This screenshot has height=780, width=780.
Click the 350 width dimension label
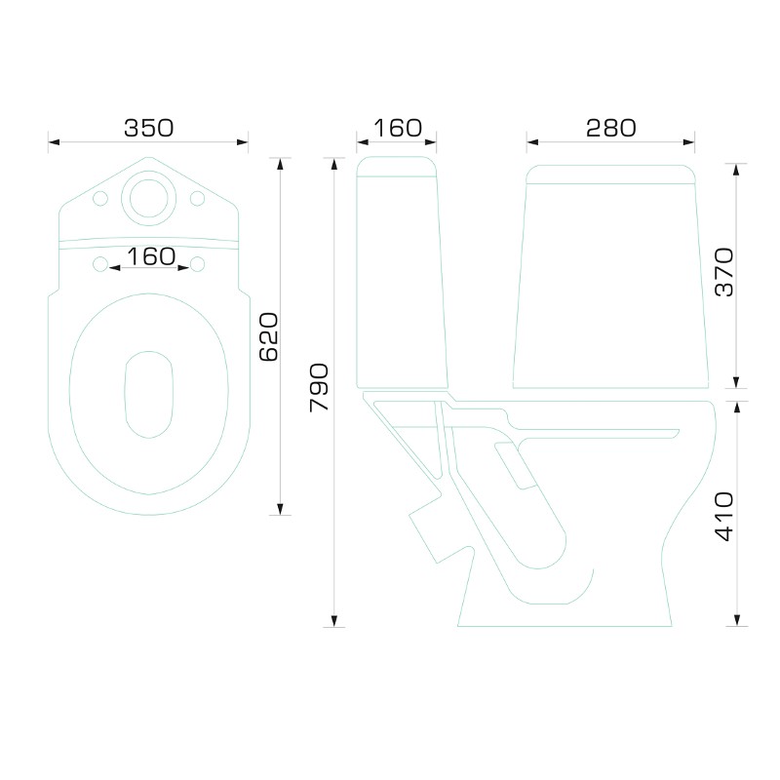pyautogui.click(x=149, y=128)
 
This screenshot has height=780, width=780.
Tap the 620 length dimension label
pyautogui.click(x=269, y=336)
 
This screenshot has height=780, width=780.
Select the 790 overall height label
pyautogui.click(x=319, y=387)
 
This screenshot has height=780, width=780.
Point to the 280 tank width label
pyautogui.click(x=611, y=128)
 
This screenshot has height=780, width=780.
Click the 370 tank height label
pyautogui.click(x=724, y=272)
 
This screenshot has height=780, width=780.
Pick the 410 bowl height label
pyautogui.click(x=724, y=517)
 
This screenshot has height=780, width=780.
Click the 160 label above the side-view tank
pyautogui.click(x=398, y=128)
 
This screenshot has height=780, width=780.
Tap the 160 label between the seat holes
pyautogui.click(x=151, y=256)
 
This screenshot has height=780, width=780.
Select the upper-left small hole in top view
pyautogui.click(x=100, y=198)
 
